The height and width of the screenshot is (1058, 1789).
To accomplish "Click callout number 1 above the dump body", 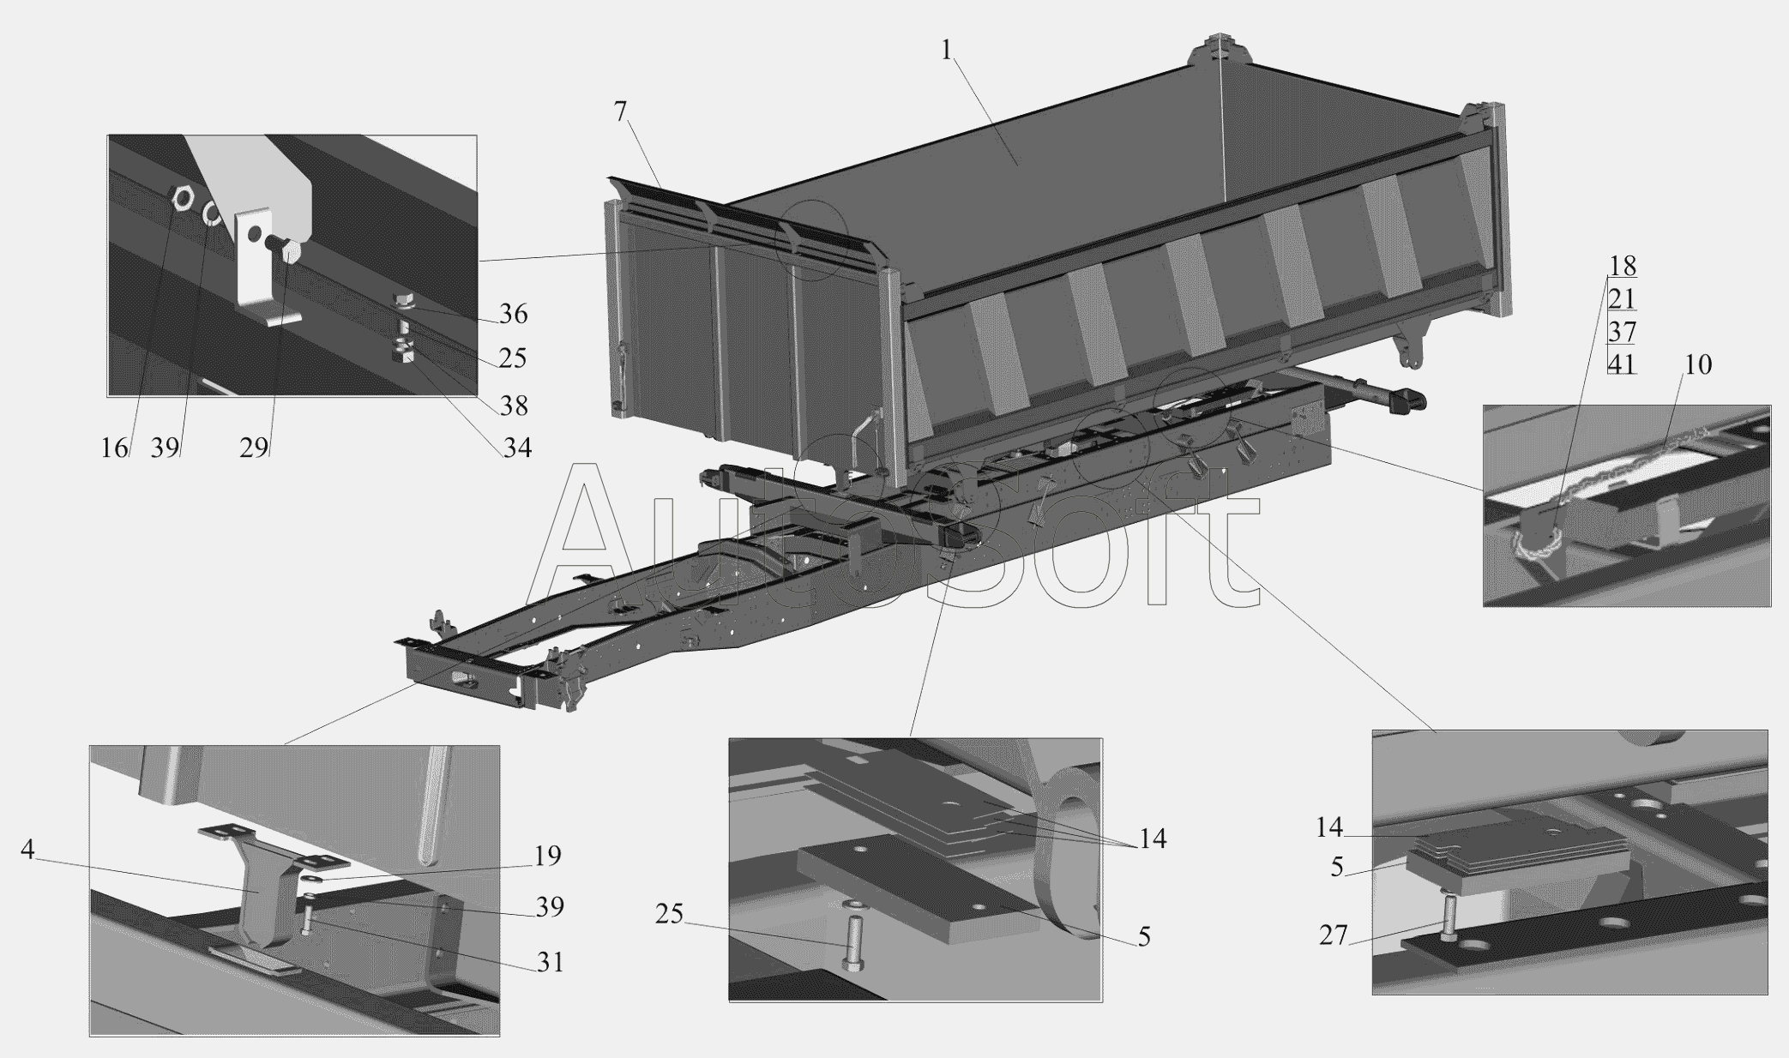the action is [946, 51].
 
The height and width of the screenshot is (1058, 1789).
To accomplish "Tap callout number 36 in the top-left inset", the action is [513, 314].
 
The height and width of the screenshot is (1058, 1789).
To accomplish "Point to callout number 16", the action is [114, 448].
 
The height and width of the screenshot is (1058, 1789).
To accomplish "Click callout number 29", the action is [254, 448].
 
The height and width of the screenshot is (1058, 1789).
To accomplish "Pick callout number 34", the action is [516, 448].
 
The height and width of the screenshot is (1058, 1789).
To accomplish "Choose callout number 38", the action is [514, 406].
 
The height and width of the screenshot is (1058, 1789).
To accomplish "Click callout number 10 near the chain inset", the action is [1698, 365].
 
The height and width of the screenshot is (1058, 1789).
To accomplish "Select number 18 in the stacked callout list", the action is [1622, 266].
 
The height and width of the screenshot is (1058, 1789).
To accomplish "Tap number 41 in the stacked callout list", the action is [1622, 364].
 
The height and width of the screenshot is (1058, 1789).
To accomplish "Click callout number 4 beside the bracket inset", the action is [27, 850].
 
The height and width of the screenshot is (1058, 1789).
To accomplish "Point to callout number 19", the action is [547, 856].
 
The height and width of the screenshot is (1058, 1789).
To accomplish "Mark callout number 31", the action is [550, 962].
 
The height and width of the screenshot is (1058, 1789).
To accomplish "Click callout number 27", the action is [1334, 935].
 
